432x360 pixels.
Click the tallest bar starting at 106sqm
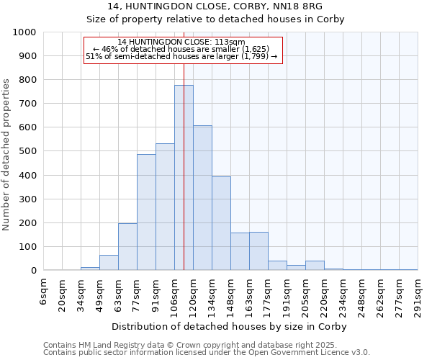click(184, 178)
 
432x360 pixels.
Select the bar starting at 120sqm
click(202, 198)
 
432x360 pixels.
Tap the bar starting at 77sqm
click(146, 212)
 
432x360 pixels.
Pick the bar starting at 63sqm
click(127, 247)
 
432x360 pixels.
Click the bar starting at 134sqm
click(221, 223)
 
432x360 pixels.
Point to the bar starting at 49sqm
click(109, 263)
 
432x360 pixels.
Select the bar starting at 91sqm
click(165, 207)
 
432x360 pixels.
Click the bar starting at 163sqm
click(258, 251)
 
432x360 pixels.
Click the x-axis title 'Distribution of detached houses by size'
click(230, 327)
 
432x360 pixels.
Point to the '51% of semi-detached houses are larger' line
click(181, 56)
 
